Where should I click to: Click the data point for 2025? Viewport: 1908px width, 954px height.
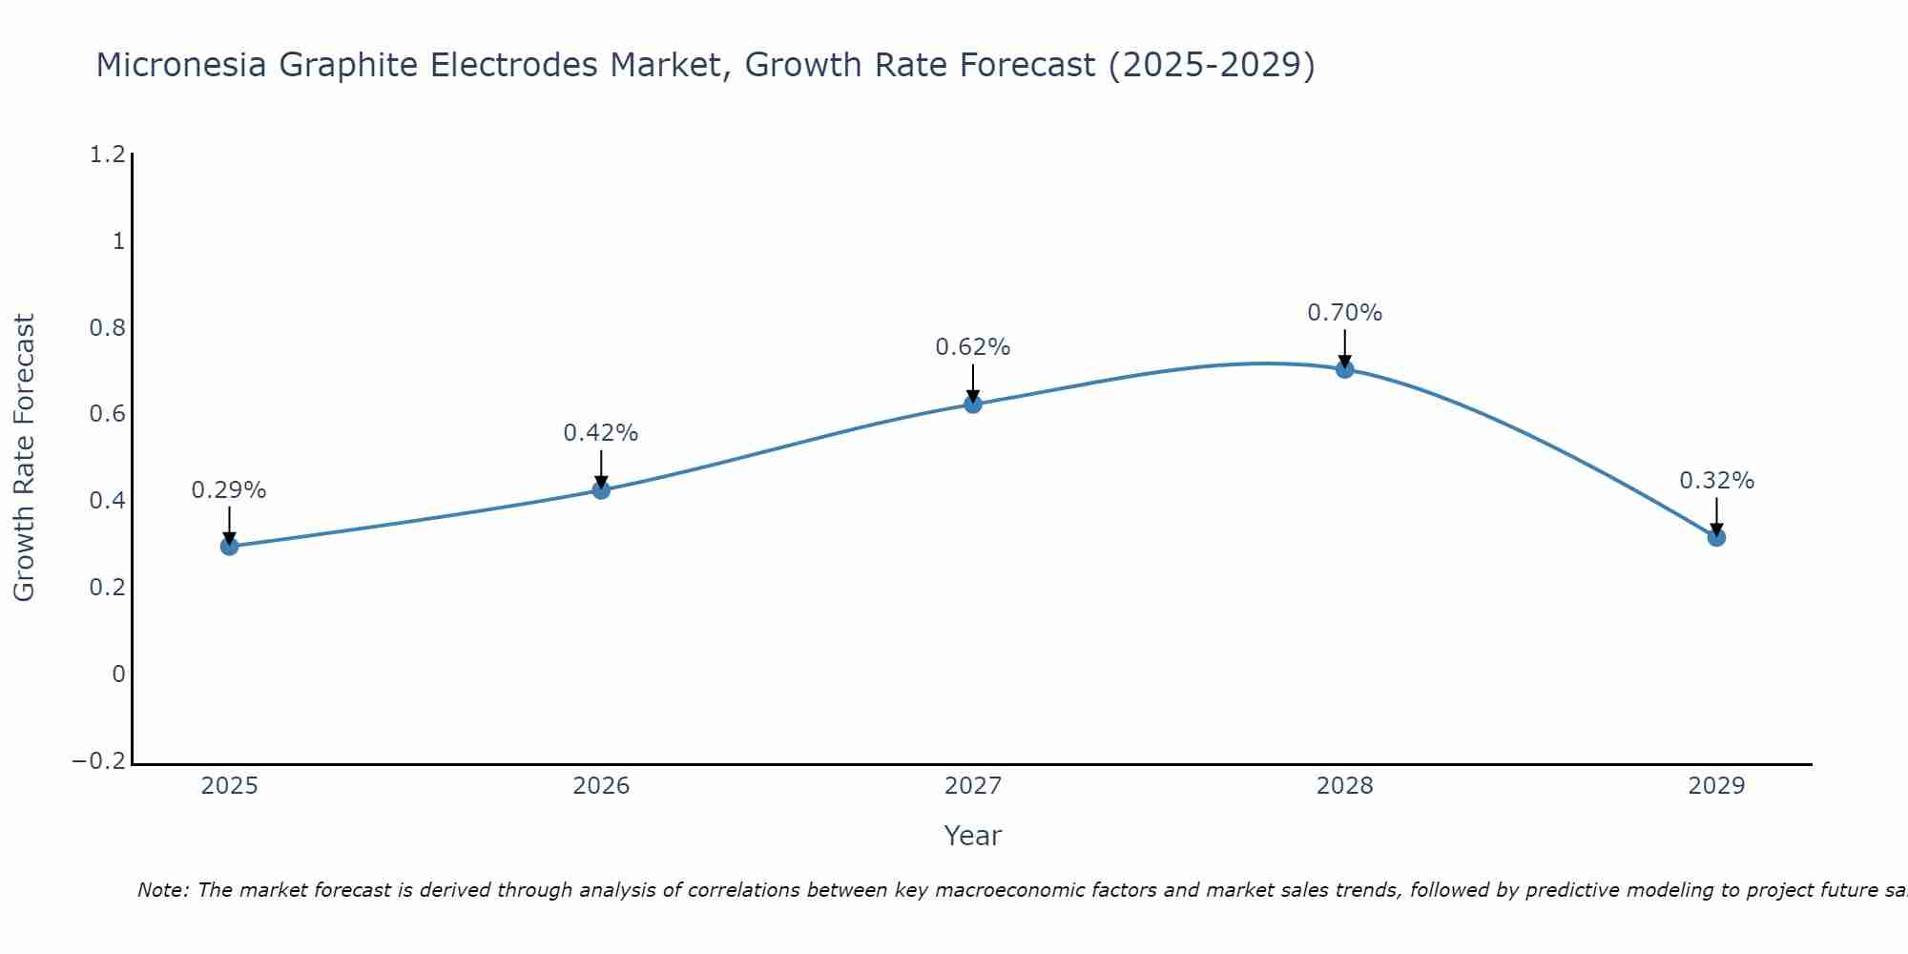click(229, 546)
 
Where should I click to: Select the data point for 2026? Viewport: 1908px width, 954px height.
click(601, 489)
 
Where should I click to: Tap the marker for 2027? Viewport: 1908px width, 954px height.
click(973, 404)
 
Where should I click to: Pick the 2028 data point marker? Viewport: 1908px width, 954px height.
click(1344, 368)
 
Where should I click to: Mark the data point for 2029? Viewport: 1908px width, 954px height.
click(1716, 537)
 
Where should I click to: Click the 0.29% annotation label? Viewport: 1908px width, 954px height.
click(229, 490)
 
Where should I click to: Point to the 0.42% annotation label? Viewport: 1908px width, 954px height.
click(601, 433)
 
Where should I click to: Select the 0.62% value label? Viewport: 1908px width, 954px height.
click(973, 347)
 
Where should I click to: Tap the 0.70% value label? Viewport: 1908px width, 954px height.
click(1344, 313)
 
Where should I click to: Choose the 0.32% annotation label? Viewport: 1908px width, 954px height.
click(1716, 481)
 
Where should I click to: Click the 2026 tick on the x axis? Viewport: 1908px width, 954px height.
click(601, 786)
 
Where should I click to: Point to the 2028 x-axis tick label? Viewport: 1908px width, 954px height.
click(1344, 786)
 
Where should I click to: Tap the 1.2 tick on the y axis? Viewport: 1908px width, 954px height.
click(107, 155)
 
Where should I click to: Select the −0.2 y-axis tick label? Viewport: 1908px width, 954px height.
click(99, 760)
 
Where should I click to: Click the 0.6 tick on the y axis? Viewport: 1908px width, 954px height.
click(107, 414)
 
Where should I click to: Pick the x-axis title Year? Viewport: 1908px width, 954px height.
click(972, 836)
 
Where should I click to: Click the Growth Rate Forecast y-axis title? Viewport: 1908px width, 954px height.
click(24, 457)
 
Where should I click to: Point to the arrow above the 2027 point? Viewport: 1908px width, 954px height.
click(973, 383)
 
